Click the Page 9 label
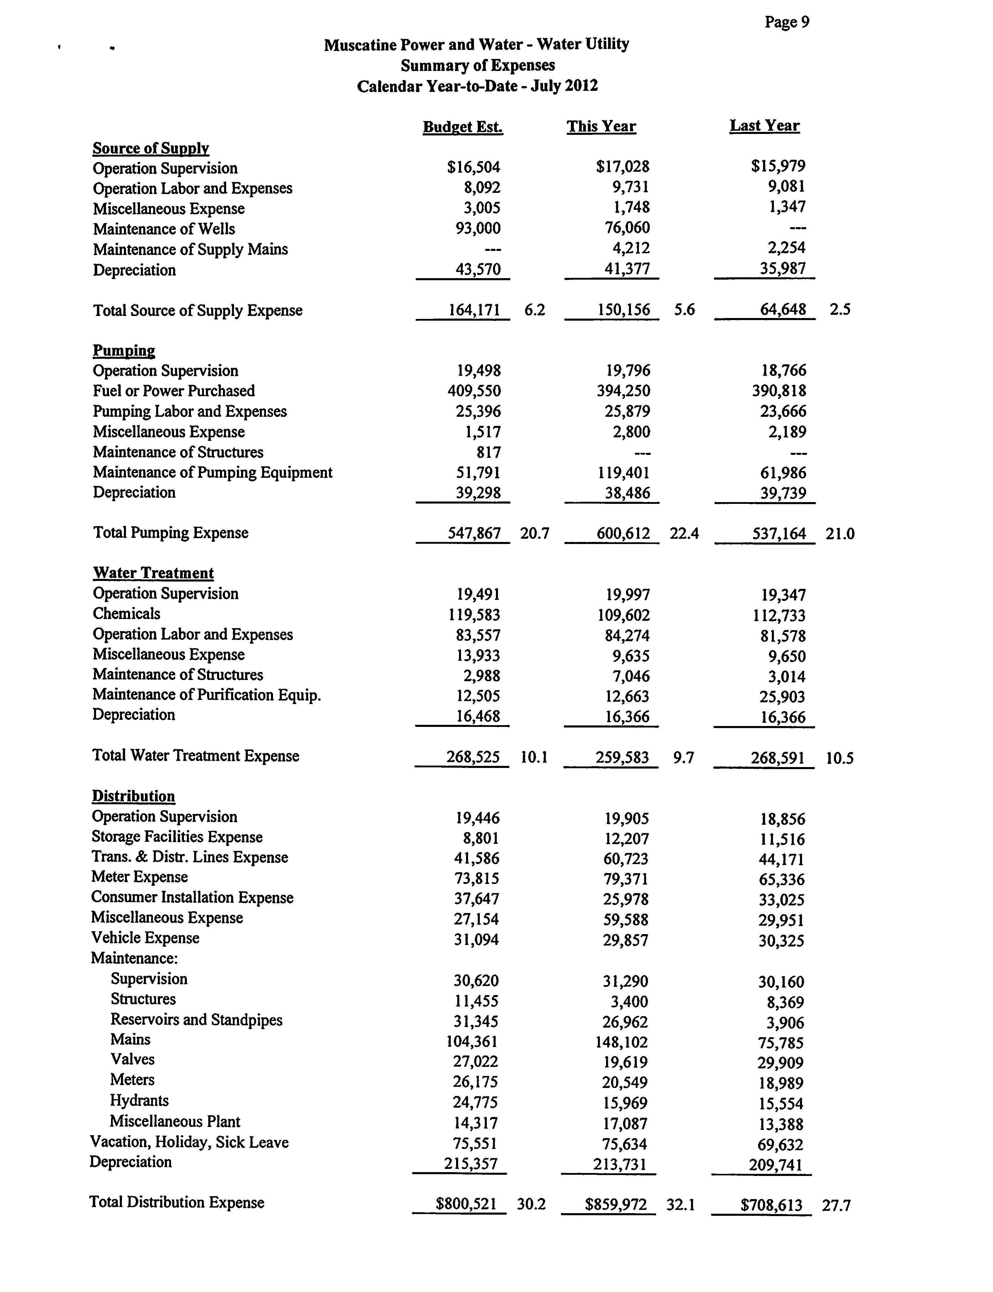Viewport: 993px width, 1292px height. coord(787,23)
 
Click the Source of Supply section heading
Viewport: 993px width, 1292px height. coord(151,148)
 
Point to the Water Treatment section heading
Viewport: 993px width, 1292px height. coord(153,573)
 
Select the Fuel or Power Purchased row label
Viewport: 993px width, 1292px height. coord(174,391)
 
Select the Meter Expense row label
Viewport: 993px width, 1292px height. coord(139,877)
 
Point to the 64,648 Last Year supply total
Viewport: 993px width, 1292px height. coord(783,310)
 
